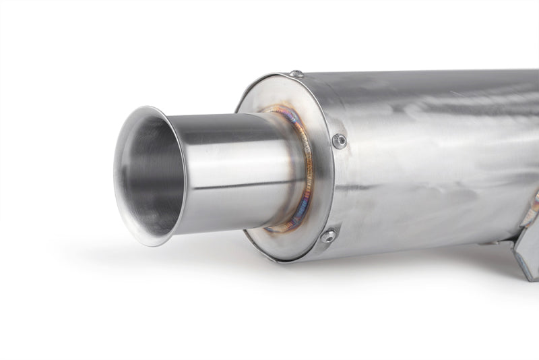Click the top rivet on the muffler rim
coord(296,73)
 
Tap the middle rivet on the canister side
coord(340,140)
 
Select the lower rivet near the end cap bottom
coord(329,236)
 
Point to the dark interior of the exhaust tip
coord(152,175)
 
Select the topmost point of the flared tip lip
coord(144,107)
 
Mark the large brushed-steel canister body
coord(431,148)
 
